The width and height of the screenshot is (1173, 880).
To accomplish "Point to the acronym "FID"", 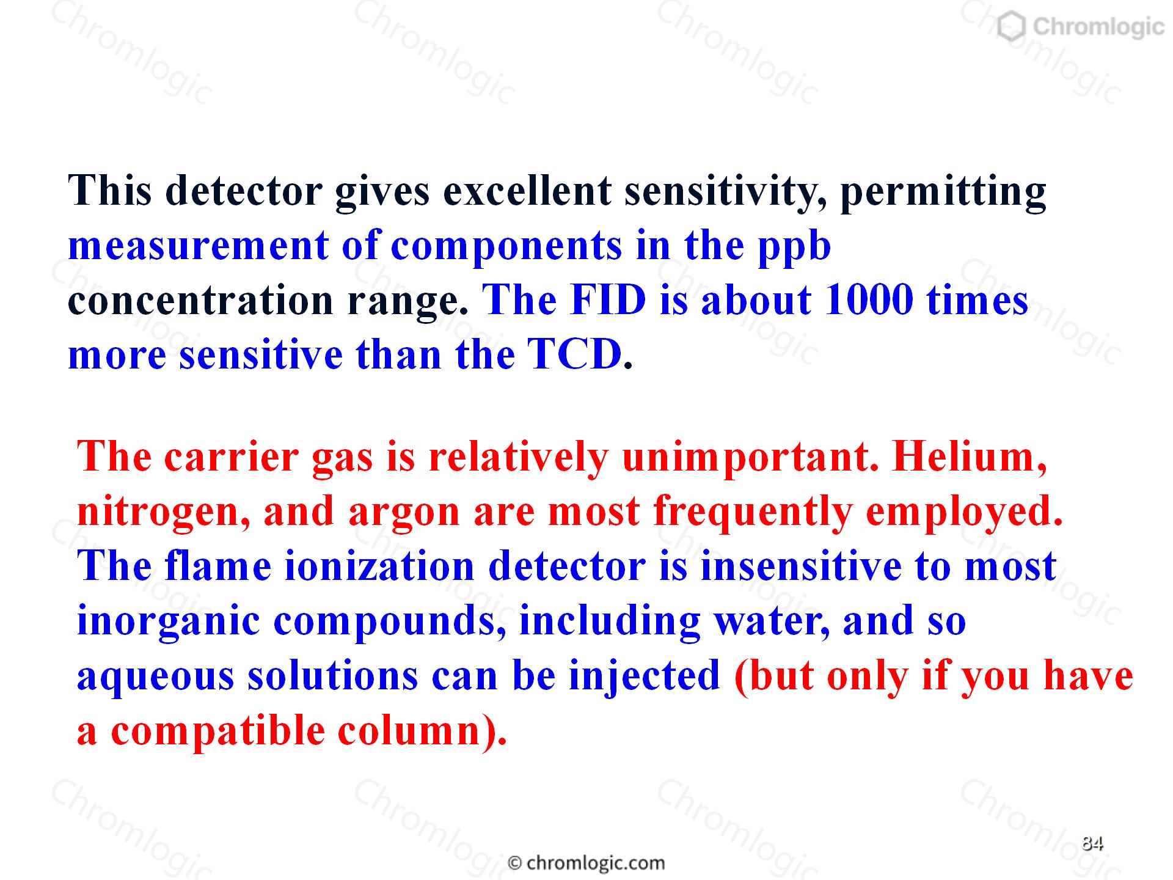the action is [x=608, y=300].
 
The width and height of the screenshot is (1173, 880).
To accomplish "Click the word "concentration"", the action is [x=200, y=301].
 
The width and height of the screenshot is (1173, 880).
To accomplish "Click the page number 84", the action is [x=1092, y=843].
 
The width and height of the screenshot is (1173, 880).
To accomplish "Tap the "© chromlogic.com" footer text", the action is [x=586, y=863].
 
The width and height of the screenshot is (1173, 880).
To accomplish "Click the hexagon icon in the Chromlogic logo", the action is [x=1012, y=28].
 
